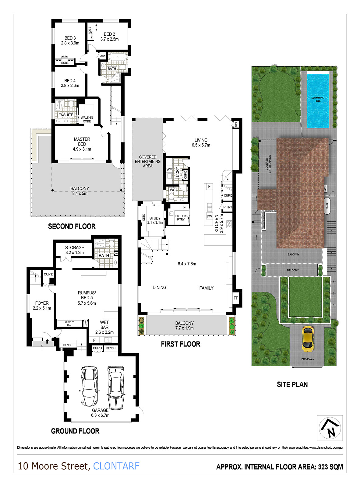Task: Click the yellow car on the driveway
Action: pyautogui.click(x=308, y=338)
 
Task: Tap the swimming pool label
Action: pyautogui.click(x=318, y=99)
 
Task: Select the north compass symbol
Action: pyautogui.click(x=330, y=428)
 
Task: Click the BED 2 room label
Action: pyautogui.click(x=109, y=37)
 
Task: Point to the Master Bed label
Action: pyautogui.click(x=82, y=144)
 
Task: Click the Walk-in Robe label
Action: pyautogui.click(x=87, y=119)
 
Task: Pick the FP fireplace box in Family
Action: pyautogui.click(x=236, y=298)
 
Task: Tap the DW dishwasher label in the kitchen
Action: pyautogui.click(x=210, y=216)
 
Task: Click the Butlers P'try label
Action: pyautogui.click(x=181, y=218)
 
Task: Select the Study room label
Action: pyautogui.click(x=155, y=220)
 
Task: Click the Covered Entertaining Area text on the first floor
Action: pyautogui.click(x=148, y=161)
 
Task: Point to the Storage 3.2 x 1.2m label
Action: pyautogui.click(x=75, y=250)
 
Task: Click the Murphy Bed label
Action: pyautogui.click(x=69, y=323)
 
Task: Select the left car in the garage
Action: pyautogui.click(x=89, y=386)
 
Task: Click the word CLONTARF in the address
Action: pyautogui.click(x=116, y=466)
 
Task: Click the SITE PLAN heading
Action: pyautogui.click(x=292, y=384)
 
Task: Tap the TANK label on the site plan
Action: pyautogui.click(x=327, y=206)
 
